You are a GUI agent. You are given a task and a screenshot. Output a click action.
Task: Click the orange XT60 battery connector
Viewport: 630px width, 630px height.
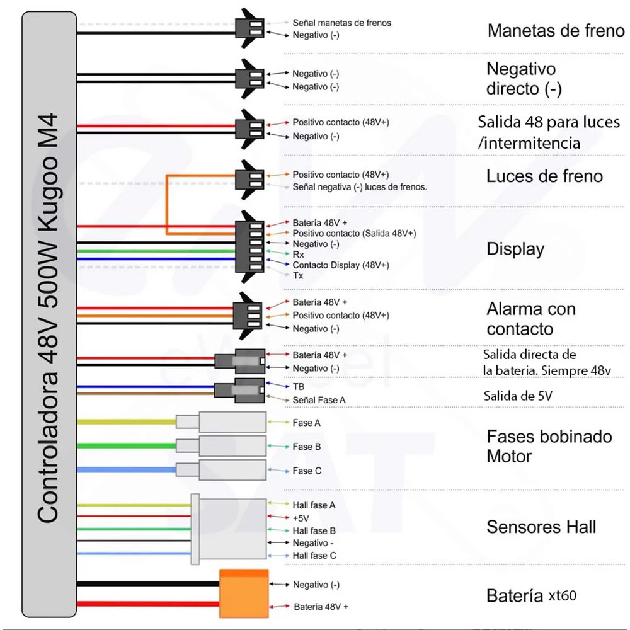point(244,593)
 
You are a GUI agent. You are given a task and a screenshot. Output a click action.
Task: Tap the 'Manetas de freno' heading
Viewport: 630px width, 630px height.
point(556,30)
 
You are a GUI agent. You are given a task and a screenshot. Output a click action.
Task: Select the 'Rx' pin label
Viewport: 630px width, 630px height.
point(298,255)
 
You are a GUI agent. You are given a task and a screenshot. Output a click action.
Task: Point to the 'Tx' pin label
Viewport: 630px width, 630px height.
point(298,276)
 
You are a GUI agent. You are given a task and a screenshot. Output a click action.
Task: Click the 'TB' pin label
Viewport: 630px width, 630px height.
point(299,387)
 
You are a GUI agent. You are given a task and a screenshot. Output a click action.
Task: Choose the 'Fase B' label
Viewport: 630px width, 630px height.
point(307,447)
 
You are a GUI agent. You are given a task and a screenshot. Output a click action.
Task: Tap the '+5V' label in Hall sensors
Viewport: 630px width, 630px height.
point(301,518)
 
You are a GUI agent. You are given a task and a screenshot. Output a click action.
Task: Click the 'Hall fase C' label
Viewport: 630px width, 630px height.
point(314,556)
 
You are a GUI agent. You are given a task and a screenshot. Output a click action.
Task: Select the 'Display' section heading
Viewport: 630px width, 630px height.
point(515,249)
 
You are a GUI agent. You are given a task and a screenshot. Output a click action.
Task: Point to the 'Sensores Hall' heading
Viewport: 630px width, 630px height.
point(541,527)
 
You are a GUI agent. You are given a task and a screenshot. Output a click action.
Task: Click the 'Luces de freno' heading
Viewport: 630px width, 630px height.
point(544,176)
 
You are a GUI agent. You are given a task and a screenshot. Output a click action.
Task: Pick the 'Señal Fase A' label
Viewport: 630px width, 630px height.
point(319,400)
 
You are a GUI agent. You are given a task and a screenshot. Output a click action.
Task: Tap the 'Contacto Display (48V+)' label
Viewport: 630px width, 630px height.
point(341,265)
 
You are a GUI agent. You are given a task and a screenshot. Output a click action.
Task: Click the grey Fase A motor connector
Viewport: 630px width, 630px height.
point(221,422)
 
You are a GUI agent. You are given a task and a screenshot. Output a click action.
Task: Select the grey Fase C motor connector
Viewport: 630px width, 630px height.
point(221,470)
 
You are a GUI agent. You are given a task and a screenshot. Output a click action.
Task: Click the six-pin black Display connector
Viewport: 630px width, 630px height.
point(249,247)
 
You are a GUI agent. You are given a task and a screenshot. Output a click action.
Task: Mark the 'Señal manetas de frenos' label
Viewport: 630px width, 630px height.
point(342,23)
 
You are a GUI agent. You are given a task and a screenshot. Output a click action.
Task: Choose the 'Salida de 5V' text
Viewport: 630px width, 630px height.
point(518,396)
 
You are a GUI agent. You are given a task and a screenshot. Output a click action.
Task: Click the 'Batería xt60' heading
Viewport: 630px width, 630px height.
point(531,595)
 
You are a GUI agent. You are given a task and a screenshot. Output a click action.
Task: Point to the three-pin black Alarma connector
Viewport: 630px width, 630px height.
point(248,316)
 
